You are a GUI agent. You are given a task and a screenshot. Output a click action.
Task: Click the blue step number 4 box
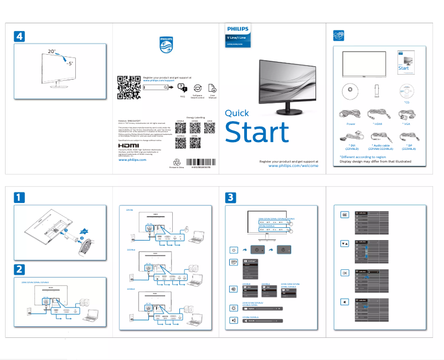(x=19, y=36)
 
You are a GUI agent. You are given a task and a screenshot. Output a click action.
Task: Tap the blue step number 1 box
(x=19, y=197)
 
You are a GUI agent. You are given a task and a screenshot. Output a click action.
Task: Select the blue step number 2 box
(x=19, y=269)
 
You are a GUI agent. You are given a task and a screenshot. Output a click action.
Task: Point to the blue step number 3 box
(x=232, y=197)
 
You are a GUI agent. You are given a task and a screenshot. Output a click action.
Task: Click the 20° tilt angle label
(x=51, y=51)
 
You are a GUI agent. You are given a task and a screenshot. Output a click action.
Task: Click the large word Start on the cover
(x=256, y=133)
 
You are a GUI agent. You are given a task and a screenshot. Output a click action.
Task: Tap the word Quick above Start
(x=237, y=113)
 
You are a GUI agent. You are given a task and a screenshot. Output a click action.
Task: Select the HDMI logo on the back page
(x=129, y=146)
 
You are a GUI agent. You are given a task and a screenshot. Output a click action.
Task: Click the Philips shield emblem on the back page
(x=166, y=45)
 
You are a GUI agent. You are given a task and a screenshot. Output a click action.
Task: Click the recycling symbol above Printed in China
(x=177, y=162)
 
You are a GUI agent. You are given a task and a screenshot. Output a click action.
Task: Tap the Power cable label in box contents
(x=350, y=124)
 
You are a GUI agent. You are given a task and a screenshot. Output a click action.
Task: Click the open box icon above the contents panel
(x=338, y=35)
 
